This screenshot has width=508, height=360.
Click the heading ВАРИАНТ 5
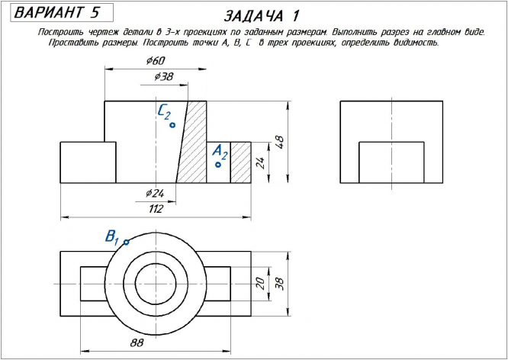pyautogui.click(x=57, y=13)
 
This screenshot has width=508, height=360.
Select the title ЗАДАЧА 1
pyautogui.click(x=262, y=16)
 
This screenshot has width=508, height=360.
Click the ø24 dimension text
pyautogui.click(x=155, y=191)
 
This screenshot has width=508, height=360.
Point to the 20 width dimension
pyautogui.click(x=259, y=284)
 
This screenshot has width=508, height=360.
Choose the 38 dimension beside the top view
pyautogui.click(x=279, y=284)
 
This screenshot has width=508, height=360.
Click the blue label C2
pyautogui.click(x=164, y=112)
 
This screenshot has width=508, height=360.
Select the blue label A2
pyautogui.click(x=220, y=151)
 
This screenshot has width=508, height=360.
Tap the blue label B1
pyautogui.click(x=112, y=236)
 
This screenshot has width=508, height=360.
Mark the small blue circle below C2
pyautogui.click(x=173, y=124)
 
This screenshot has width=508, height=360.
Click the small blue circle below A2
pyautogui.click(x=218, y=164)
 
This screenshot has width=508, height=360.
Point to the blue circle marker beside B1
pyautogui.click(x=126, y=242)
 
